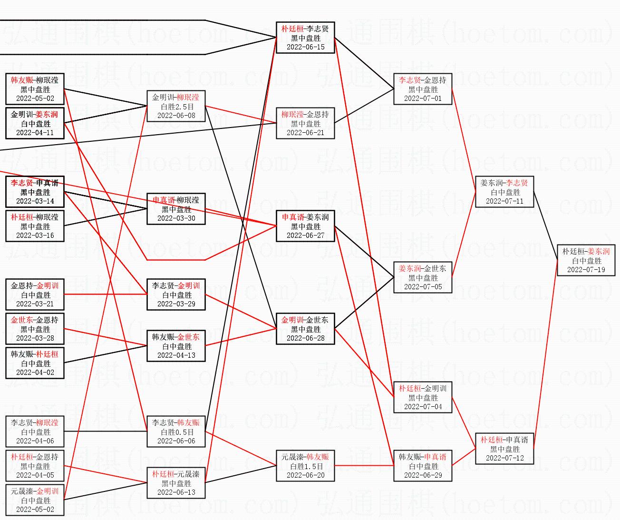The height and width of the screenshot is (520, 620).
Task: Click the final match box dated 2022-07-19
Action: (x=586, y=261)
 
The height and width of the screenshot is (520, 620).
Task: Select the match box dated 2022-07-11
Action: (x=504, y=192)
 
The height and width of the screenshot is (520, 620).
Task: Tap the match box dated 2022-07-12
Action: (x=504, y=449)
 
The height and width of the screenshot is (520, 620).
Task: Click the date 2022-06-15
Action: (x=305, y=47)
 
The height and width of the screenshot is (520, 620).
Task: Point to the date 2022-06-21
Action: (x=305, y=133)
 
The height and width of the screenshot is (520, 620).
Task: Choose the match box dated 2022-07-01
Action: (x=423, y=89)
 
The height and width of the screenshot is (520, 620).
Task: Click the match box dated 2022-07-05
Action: (x=423, y=277)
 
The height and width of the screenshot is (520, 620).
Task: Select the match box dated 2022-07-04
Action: (x=423, y=397)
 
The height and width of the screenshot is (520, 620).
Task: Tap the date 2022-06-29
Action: (x=423, y=475)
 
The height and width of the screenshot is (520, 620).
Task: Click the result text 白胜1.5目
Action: (x=305, y=466)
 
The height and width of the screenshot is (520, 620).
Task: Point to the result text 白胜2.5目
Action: (x=176, y=107)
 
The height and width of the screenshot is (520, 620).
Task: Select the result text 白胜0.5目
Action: (x=176, y=432)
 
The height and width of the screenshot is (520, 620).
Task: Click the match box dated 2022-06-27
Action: (x=305, y=226)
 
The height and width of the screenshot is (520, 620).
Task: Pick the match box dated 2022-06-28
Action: (x=305, y=329)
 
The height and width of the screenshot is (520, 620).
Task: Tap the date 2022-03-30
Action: (x=176, y=218)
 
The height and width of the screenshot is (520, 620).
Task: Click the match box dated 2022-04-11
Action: (x=35, y=123)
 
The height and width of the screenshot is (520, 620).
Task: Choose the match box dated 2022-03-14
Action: (x=35, y=192)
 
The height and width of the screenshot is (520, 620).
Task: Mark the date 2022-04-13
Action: (x=176, y=355)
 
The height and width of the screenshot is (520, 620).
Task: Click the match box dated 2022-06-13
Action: (x=176, y=483)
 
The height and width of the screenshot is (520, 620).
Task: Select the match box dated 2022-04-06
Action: (x=35, y=432)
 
